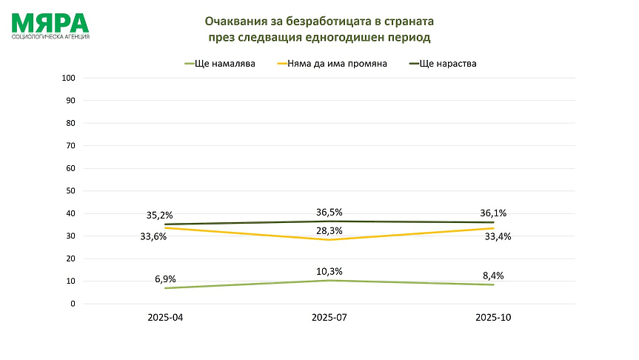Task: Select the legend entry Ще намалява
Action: tap(225, 64)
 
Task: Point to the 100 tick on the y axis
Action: tap(68, 78)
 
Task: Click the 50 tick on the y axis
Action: tap(70, 191)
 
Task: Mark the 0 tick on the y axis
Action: tap(73, 304)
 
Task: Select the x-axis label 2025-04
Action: tap(164, 318)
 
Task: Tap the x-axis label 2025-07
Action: tap(329, 318)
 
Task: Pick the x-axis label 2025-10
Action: tap(493, 318)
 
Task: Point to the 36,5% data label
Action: tap(329, 211)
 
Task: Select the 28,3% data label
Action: tap(329, 230)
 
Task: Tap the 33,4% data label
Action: tap(498, 236)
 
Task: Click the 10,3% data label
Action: tap(329, 271)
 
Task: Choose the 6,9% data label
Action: tap(164, 279)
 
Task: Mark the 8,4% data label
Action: tap(493, 276)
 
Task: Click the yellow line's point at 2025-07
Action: tap(329, 240)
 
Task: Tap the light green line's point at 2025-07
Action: tap(329, 280)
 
